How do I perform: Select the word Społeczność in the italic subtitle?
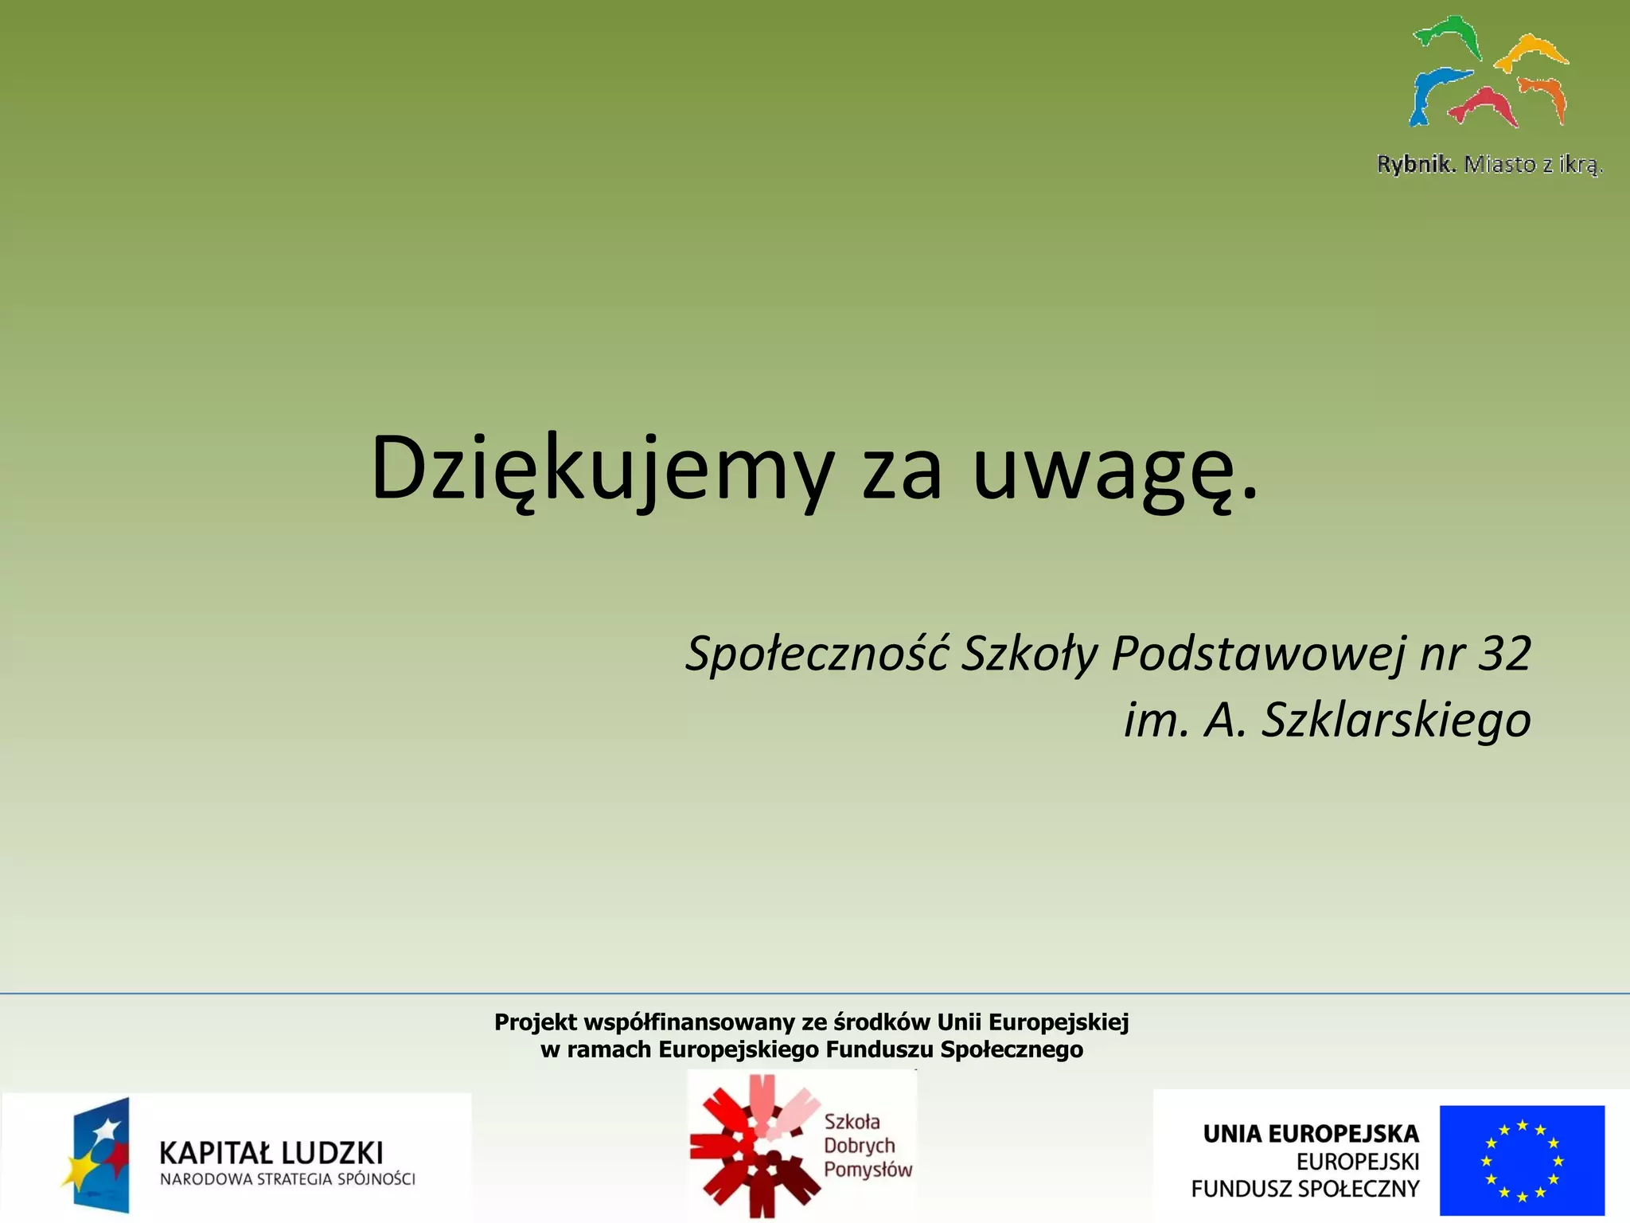click(817, 654)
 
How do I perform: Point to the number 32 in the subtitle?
click(1504, 654)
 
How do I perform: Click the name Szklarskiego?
click(1396, 721)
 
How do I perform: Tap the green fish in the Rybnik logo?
click(1449, 36)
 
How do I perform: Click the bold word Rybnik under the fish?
click(1416, 165)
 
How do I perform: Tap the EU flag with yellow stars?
click(1521, 1159)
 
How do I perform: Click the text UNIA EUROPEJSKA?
click(1310, 1134)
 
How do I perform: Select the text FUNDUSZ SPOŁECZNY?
click(1304, 1189)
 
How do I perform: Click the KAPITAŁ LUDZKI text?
click(271, 1153)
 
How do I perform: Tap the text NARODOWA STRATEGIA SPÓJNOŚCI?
click(287, 1179)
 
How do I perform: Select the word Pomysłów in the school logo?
click(867, 1170)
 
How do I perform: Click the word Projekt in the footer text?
click(535, 1022)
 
